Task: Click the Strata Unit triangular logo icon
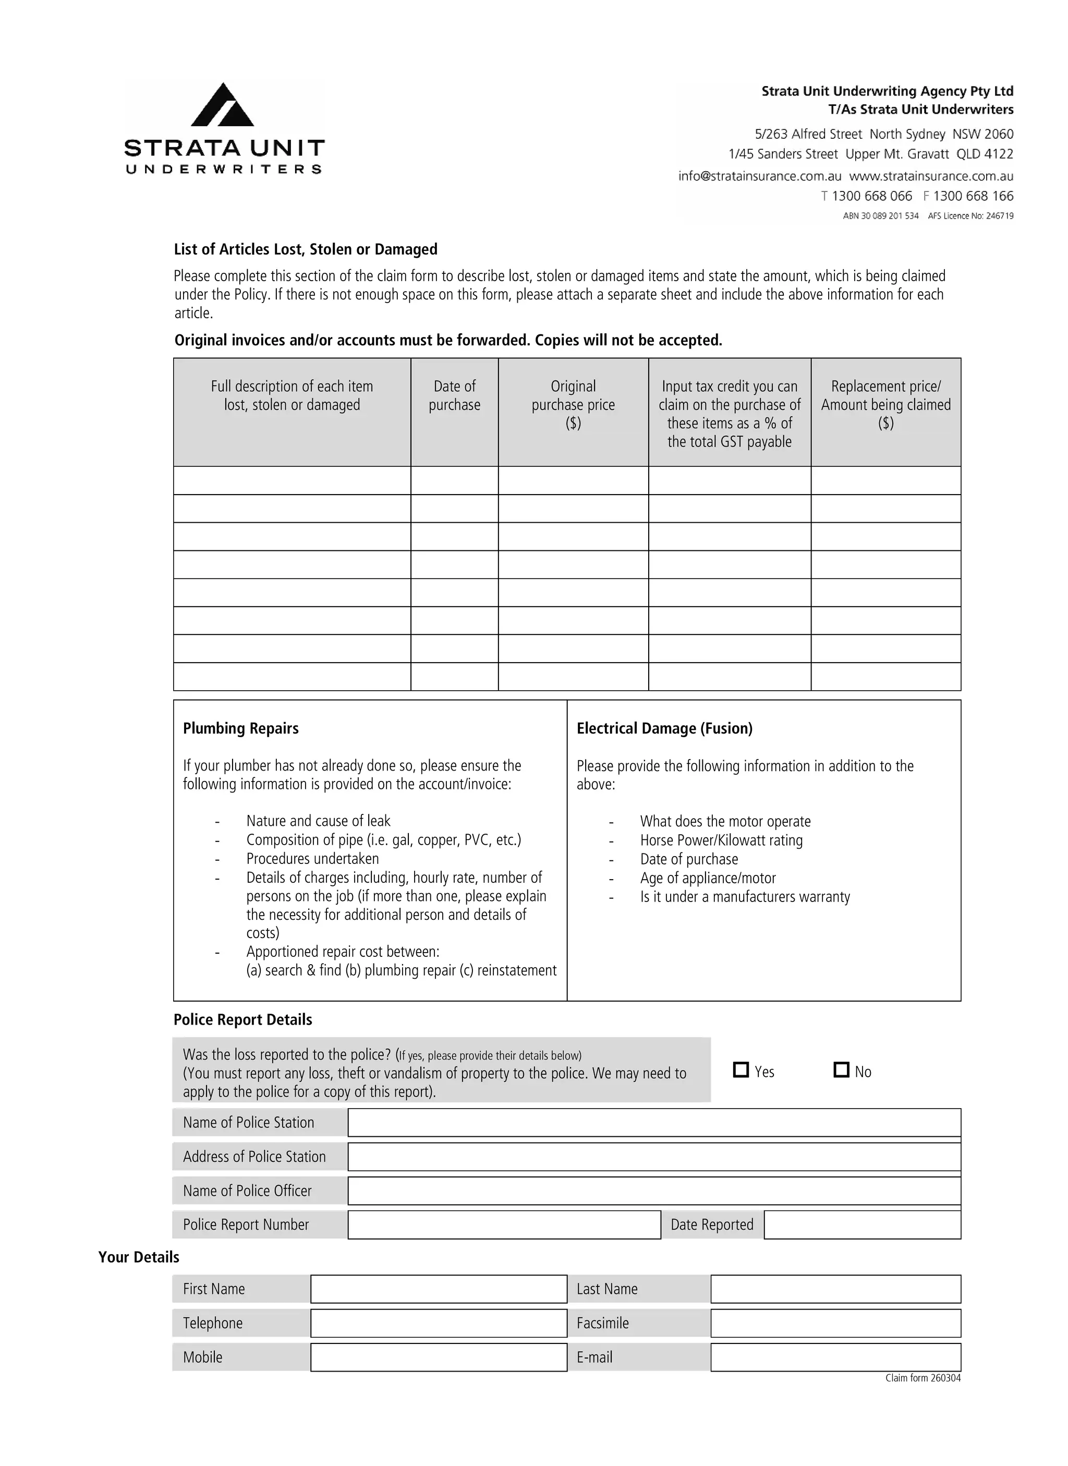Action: click(222, 105)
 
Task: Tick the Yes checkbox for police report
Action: click(741, 1070)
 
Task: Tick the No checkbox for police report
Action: click(841, 1070)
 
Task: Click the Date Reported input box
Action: click(862, 1225)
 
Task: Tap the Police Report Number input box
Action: click(504, 1225)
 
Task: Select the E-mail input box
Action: click(835, 1357)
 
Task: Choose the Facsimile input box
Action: click(835, 1323)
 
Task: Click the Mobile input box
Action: click(439, 1357)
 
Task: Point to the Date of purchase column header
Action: click(455, 396)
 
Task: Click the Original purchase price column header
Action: click(573, 405)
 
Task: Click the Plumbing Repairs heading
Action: click(240, 729)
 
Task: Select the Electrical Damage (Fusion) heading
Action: click(664, 729)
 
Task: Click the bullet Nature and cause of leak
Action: click(318, 821)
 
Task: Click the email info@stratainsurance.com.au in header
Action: click(760, 176)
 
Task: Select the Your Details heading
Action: click(138, 1257)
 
